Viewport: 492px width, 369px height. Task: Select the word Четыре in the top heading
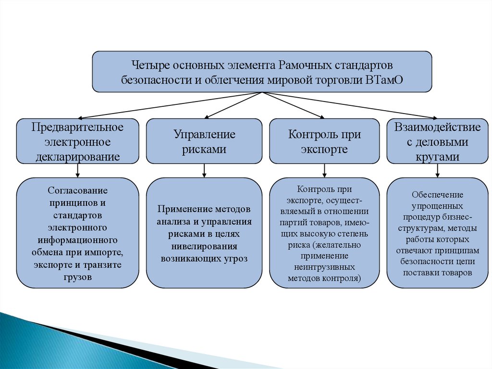click(149, 64)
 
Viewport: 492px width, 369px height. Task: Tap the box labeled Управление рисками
click(204, 141)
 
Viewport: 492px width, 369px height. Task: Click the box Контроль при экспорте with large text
click(324, 141)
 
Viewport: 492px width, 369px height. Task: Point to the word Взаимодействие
click(437, 127)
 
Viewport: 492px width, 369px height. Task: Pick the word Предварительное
click(78, 127)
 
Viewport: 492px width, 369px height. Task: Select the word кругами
click(437, 156)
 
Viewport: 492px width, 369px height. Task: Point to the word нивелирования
click(204, 246)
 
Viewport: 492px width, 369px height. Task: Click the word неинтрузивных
click(324, 266)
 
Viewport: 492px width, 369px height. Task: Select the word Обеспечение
click(437, 195)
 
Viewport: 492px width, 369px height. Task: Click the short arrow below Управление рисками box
click(204, 170)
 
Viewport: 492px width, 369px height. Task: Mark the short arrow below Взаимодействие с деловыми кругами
click(437, 170)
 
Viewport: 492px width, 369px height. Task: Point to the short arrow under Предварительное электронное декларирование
click(78, 170)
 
